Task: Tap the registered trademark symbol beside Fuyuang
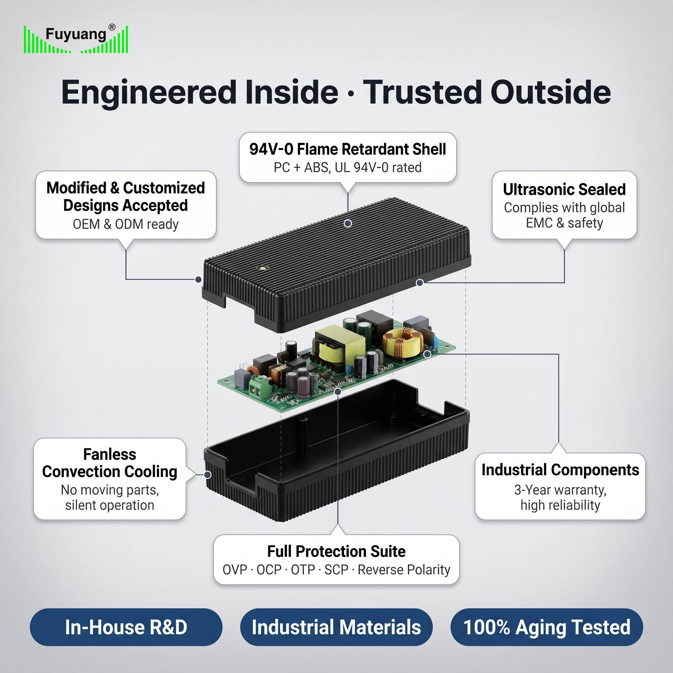pyautogui.click(x=112, y=28)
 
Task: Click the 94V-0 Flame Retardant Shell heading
pyautogui.click(x=348, y=149)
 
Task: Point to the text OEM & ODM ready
pyautogui.click(x=126, y=224)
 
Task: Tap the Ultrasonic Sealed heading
pyautogui.click(x=564, y=190)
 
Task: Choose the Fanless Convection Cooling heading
pyautogui.click(x=110, y=463)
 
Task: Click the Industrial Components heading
pyautogui.click(x=560, y=470)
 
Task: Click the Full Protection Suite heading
pyautogui.click(x=336, y=551)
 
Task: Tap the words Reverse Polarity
pyautogui.click(x=404, y=570)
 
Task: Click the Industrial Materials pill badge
pyautogui.click(x=336, y=627)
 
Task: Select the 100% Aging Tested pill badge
pyautogui.click(x=546, y=627)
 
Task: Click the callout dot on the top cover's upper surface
pyautogui.click(x=348, y=223)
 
